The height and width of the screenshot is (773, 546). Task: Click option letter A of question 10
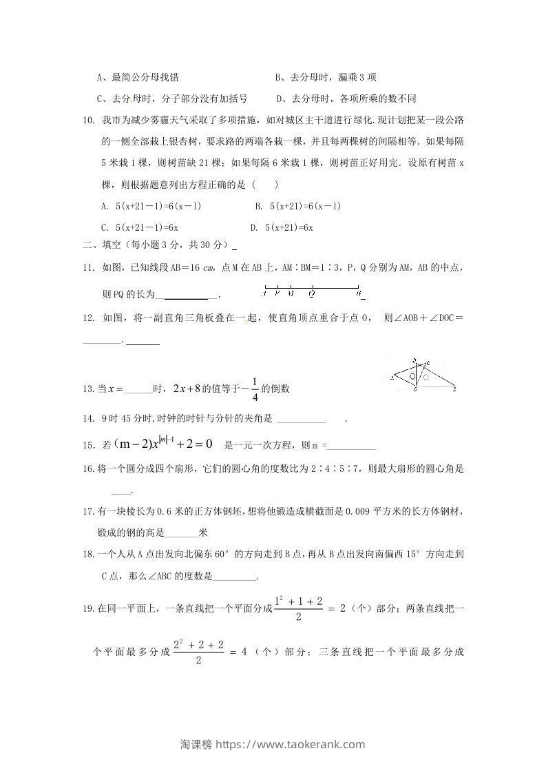click(103, 206)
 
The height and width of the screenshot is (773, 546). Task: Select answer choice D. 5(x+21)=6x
click(282, 227)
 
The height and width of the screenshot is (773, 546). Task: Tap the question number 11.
click(87, 267)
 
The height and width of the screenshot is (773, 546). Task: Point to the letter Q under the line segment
click(311, 293)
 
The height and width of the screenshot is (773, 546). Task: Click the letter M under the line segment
click(291, 293)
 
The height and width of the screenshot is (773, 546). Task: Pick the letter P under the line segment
click(277, 293)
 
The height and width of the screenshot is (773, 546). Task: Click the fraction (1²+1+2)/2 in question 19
click(298, 608)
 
